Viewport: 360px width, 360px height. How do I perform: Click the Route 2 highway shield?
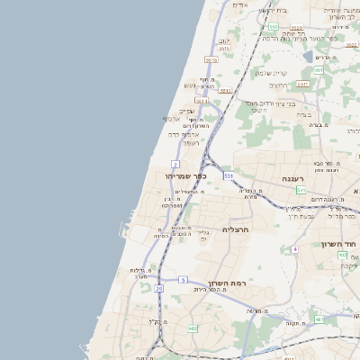pos(175,163)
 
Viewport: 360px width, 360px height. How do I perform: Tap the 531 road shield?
pos(229,175)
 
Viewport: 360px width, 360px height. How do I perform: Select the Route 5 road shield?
pos(183,280)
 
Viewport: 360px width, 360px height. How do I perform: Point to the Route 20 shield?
pos(158,288)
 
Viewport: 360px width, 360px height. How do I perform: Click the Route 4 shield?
pos(294,248)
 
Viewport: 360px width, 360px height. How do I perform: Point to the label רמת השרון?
pos(227,284)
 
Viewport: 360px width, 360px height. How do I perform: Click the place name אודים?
pos(239,5)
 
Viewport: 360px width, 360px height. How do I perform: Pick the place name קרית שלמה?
pos(270,73)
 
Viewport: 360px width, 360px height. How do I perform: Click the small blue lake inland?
pos(310,56)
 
